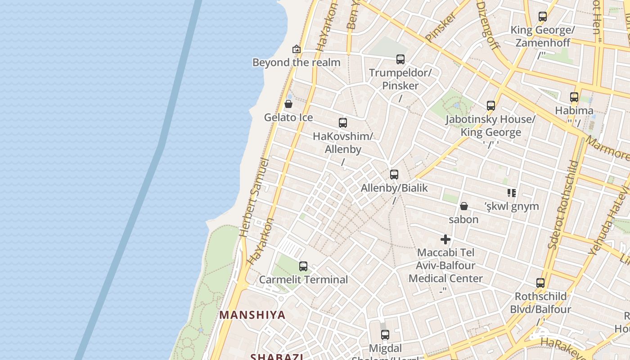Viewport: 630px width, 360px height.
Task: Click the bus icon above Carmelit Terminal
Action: tap(303, 266)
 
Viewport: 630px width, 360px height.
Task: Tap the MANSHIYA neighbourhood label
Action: tap(252, 315)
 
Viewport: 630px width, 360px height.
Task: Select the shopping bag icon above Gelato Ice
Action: tap(288, 104)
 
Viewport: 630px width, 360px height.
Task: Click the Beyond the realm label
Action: tap(297, 63)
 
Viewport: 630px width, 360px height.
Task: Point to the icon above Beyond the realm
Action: tap(296, 49)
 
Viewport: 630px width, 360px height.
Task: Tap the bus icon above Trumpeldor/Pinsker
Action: tap(400, 59)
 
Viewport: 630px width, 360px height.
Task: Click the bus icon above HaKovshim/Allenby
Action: tap(343, 123)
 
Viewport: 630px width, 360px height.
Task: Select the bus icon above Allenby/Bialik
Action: tap(394, 175)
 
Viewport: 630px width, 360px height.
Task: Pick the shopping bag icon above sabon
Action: tap(463, 206)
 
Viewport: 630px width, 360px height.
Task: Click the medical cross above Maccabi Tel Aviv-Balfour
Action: tap(445, 239)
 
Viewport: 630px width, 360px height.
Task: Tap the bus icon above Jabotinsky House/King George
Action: tap(491, 106)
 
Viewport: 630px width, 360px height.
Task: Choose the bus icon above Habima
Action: tap(574, 97)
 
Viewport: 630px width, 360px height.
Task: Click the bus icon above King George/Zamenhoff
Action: tap(543, 17)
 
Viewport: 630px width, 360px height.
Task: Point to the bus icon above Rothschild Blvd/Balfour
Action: tap(540, 283)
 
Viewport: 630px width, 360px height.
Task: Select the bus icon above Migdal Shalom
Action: tap(385, 335)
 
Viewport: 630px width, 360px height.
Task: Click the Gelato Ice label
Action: tap(288, 117)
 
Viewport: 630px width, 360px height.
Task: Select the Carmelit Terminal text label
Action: tap(304, 279)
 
